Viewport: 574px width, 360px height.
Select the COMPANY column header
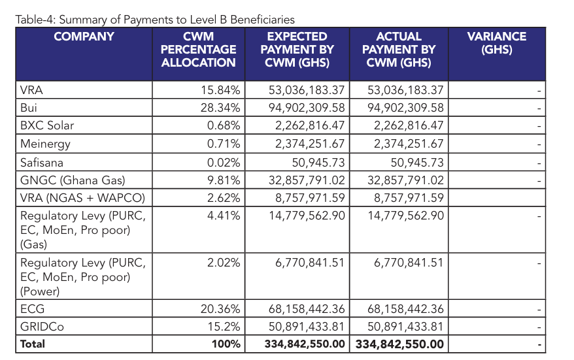click(84, 37)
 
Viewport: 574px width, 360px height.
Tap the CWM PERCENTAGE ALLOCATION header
click(199, 50)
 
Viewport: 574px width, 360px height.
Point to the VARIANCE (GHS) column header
click(496, 43)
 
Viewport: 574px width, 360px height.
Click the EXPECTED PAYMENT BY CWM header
click(297, 50)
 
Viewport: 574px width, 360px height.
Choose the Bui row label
click(29, 108)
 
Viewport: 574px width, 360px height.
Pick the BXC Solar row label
click(48, 125)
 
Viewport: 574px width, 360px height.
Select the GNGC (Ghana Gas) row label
click(73, 180)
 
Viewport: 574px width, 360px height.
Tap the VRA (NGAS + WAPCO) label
click(82, 198)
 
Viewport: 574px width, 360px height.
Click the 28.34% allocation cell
click(220, 108)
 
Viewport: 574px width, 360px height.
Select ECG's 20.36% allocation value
click(220, 308)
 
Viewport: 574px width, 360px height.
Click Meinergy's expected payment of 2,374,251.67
click(306, 144)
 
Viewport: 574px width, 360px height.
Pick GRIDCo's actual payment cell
click(406, 326)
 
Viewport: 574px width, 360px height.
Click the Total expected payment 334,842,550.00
click(305, 344)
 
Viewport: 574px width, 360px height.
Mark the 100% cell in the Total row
click(226, 344)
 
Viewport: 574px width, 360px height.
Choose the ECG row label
click(33, 308)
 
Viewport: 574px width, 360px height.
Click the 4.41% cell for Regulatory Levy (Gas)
click(224, 216)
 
